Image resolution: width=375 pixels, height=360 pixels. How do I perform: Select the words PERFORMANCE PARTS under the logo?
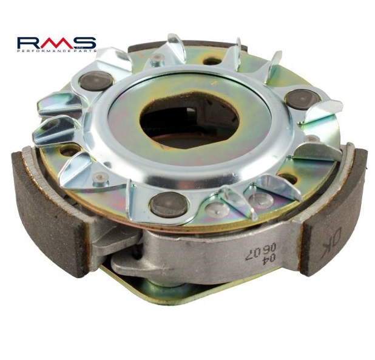point(57,51)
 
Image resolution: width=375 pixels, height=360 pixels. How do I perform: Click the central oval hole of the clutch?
point(189,121)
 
